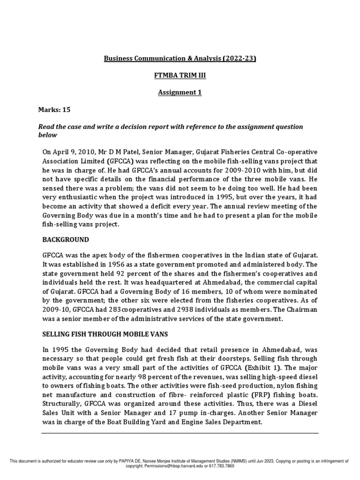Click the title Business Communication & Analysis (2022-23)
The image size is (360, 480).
180,59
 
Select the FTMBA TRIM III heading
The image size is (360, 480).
180,75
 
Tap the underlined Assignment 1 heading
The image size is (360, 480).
180,92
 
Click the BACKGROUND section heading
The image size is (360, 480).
65,240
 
